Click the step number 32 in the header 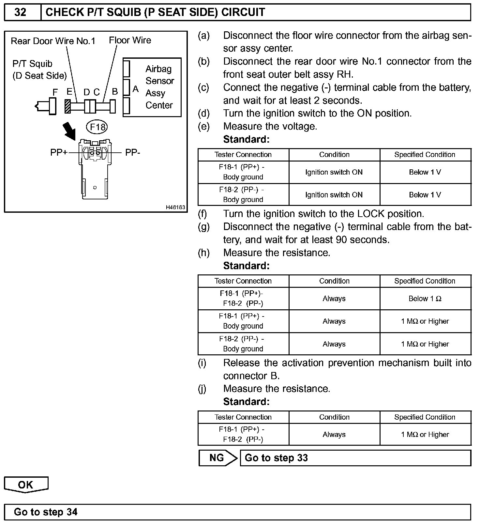[20, 12]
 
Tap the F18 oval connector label [97, 127]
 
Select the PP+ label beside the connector [59, 152]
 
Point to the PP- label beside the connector [133, 152]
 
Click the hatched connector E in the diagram [68, 106]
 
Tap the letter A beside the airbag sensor [136, 89]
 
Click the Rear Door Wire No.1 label [53, 41]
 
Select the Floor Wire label [130, 40]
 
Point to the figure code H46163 [175, 207]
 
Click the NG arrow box [217, 458]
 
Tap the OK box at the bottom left [26, 485]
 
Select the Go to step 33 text [276, 458]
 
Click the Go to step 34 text [46, 512]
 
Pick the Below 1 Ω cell [425, 299]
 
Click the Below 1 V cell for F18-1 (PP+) [425, 172]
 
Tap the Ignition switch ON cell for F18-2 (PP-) [334, 195]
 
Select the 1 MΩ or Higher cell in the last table [425, 434]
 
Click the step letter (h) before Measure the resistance [203, 253]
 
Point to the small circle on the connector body [95, 187]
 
